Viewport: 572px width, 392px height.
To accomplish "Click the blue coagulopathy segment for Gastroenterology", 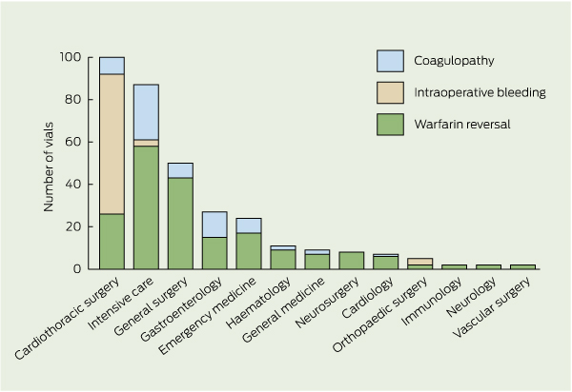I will [x=214, y=225].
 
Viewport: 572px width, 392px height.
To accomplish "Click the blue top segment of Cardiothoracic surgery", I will [x=112, y=66].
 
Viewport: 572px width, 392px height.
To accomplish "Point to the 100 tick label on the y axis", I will [x=70, y=57].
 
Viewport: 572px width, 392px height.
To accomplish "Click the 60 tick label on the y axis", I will [x=72, y=142].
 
